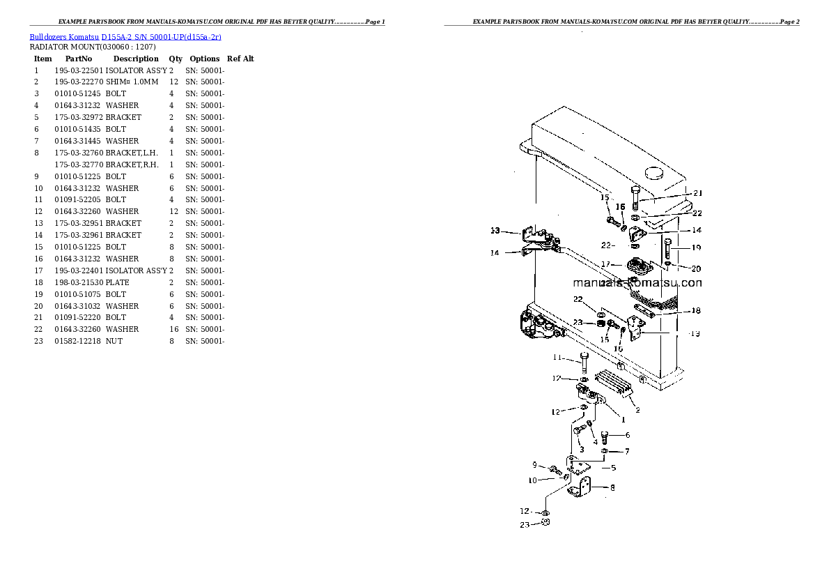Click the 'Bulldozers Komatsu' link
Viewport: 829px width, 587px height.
click(64, 37)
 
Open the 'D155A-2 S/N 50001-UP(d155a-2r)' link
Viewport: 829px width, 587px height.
click(161, 37)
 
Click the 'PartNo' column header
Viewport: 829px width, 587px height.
click(79, 59)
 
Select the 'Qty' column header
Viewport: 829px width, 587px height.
click(176, 59)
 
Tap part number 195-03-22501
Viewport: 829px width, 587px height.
click(79, 70)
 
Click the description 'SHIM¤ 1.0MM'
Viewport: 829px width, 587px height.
click(132, 82)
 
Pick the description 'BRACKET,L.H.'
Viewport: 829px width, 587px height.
click(132, 153)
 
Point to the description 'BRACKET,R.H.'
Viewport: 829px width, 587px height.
click(132, 165)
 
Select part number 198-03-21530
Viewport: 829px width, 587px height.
click(79, 282)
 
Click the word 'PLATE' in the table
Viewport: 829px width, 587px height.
click(117, 282)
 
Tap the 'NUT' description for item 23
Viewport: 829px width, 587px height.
click(114, 342)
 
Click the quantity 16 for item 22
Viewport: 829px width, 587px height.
click(174, 329)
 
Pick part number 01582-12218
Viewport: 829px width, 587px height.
click(78, 342)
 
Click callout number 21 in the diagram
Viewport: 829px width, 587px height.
click(698, 193)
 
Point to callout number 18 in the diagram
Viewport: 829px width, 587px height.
click(696, 311)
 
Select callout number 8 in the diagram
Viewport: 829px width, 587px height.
click(612, 487)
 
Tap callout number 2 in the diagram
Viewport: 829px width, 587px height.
click(637, 410)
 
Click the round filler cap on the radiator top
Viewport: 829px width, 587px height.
click(654, 173)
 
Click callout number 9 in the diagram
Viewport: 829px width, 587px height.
click(534, 465)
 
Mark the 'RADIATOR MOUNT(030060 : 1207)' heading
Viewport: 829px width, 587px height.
click(93, 47)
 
